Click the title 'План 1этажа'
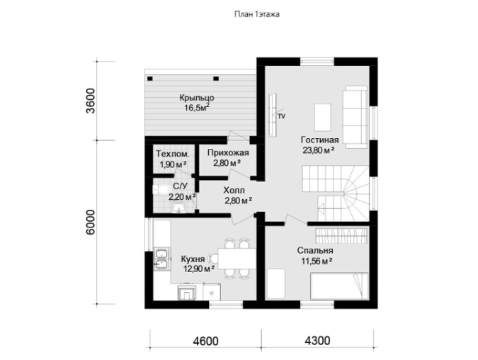(x=256, y=14)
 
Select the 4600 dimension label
(x=205, y=341)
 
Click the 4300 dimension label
(x=317, y=340)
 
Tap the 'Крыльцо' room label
(x=197, y=99)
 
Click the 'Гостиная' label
(x=320, y=140)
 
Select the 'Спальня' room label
(x=315, y=251)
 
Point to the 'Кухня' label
(x=193, y=259)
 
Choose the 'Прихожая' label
(x=228, y=152)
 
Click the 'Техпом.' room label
(x=173, y=154)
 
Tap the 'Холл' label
(x=234, y=191)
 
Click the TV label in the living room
(x=282, y=116)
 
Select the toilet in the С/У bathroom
(x=160, y=189)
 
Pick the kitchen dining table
(x=237, y=259)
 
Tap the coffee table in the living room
(x=323, y=118)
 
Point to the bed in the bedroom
(x=339, y=286)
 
